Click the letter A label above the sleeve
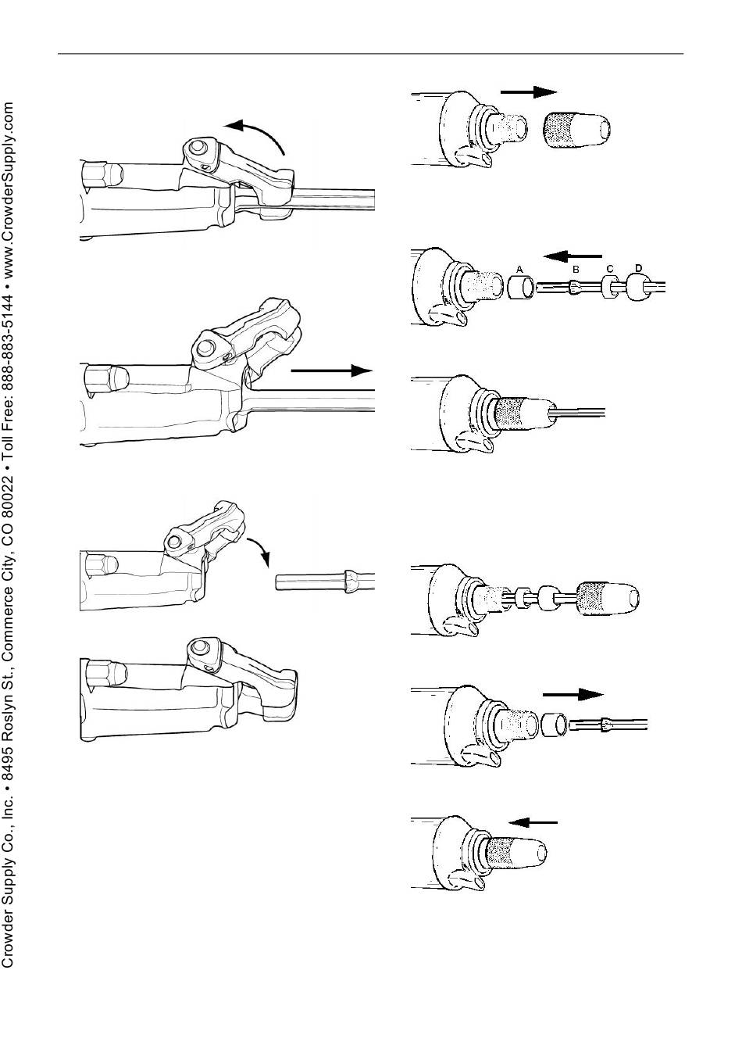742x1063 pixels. tap(519, 269)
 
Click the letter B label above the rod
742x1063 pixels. tap(576, 270)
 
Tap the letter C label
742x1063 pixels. tap(610, 269)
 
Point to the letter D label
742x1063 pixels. tap(639, 269)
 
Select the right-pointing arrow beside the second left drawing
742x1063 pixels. tap(331, 370)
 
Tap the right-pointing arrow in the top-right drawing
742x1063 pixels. tap(528, 91)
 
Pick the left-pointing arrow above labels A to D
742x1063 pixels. tap(573, 256)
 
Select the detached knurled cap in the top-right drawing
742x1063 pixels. tap(577, 129)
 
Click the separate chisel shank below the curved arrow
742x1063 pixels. tap(325, 582)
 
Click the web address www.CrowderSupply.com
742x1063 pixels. tap(9, 188)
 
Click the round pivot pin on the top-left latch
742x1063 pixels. tap(195, 148)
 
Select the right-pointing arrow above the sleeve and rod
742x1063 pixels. tap(573, 695)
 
